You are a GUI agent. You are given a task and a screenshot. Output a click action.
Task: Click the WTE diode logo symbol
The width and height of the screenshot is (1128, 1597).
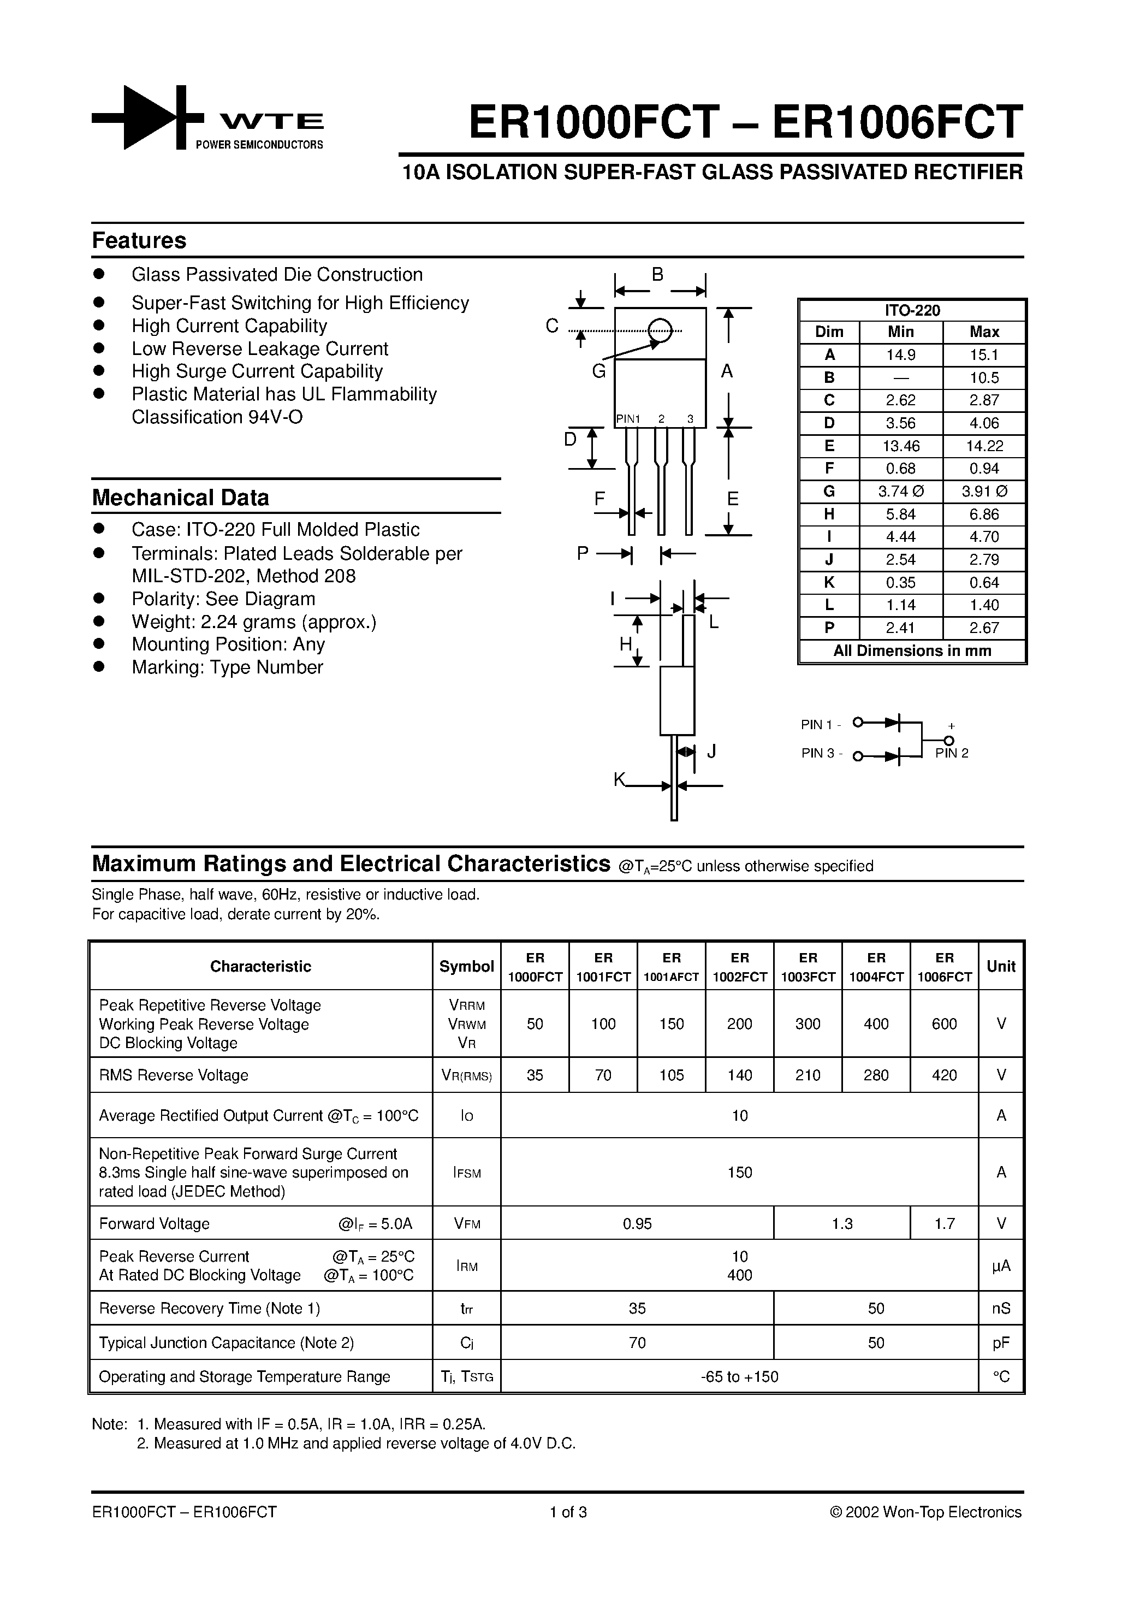pyautogui.click(x=147, y=117)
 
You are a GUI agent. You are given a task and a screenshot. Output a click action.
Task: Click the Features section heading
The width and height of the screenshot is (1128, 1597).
pyautogui.click(x=139, y=240)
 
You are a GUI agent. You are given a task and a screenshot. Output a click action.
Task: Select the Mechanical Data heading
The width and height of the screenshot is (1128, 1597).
pyautogui.click(x=180, y=498)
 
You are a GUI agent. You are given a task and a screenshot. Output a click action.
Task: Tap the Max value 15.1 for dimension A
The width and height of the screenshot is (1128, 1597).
pyautogui.click(x=984, y=354)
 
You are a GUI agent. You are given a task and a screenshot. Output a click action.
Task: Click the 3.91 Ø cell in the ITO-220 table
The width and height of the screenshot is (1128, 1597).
pyautogui.click(x=984, y=491)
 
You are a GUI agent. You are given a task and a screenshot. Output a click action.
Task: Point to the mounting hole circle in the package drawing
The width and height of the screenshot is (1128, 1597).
pyautogui.click(x=660, y=330)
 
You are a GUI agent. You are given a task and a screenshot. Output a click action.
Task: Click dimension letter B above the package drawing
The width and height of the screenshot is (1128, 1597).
pyautogui.click(x=657, y=275)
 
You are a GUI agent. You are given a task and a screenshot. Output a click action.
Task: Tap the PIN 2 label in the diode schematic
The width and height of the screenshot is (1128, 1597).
pyautogui.click(x=951, y=753)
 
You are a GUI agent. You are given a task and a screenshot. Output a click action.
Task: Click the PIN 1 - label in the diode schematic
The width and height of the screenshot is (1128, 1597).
pyautogui.click(x=821, y=724)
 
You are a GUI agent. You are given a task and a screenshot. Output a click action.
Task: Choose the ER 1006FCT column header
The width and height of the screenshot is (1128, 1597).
pyautogui.click(x=943, y=967)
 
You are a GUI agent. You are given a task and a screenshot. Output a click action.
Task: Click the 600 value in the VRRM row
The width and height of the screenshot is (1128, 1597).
pyautogui.click(x=943, y=1024)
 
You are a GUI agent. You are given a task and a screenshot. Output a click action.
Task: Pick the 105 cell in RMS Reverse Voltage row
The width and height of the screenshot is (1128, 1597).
pyautogui.click(x=671, y=1075)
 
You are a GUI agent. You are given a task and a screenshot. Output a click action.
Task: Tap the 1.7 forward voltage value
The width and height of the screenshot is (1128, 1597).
pyautogui.click(x=943, y=1223)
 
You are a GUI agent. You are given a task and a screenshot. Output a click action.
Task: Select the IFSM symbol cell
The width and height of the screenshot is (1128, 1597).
pyautogui.click(x=467, y=1172)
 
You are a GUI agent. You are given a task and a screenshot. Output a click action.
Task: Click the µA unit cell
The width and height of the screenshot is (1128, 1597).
pyautogui.click(x=1001, y=1265)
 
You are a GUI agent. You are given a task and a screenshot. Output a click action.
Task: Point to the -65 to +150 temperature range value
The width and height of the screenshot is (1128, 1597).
pyautogui.click(x=739, y=1376)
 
